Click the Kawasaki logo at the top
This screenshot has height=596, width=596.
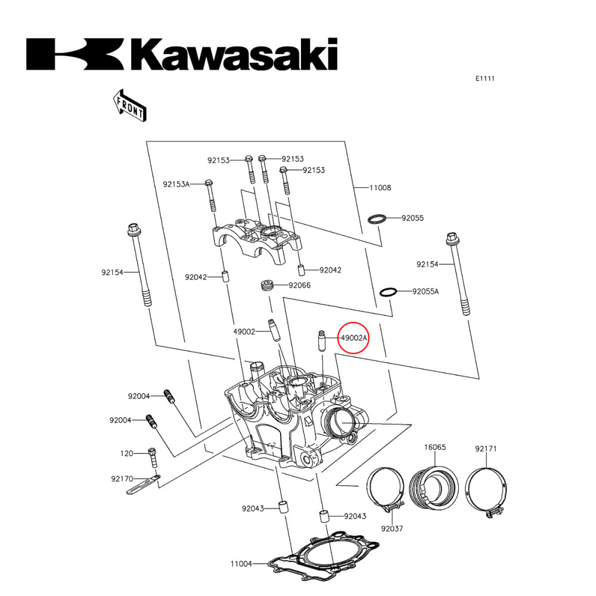pyautogui.click(x=182, y=55)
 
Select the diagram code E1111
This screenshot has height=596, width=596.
pyautogui.click(x=486, y=79)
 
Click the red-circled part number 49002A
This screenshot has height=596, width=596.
pyautogui.click(x=354, y=338)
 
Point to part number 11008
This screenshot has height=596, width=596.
pyautogui.click(x=380, y=188)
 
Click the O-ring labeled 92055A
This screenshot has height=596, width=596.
pyautogui.click(x=388, y=292)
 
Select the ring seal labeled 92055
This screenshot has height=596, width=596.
pyautogui.click(x=376, y=219)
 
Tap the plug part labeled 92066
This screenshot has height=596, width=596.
pyautogui.click(x=267, y=285)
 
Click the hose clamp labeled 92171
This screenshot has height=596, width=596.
pyautogui.click(x=486, y=490)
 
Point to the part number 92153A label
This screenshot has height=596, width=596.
pyautogui.click(x=176, y=184)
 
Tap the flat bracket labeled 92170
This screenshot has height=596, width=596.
pyautogui.click(x=143, y=484)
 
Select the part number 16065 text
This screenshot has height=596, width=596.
pyautogui.click(x=435, y=447)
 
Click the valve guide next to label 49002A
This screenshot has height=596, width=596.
pyautogui.click(x=321, y=341)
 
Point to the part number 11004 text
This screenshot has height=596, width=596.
pyautogui.click(x=241, y=563)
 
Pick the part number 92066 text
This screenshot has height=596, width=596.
pyautogui.click(x=299, y=285)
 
